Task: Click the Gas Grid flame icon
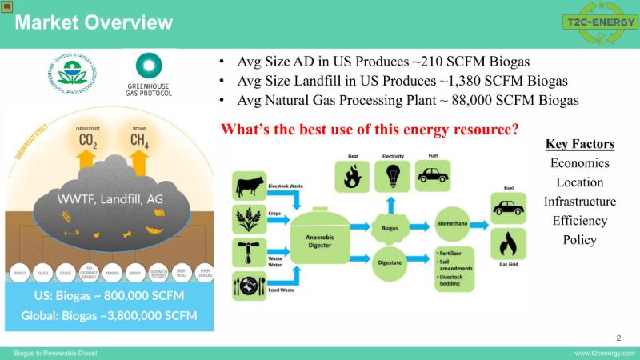coord(507,245)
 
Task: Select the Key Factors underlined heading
coord(580,144)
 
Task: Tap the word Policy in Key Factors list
coord(580,240)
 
